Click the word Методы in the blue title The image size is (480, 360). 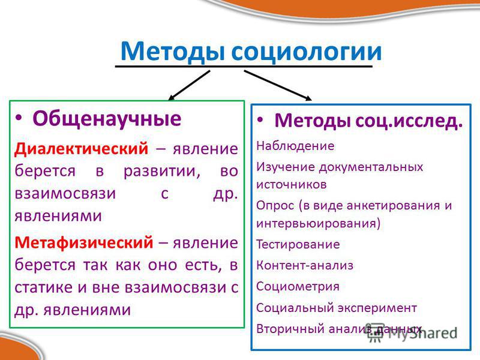pyautogui.click(x=172, y=52)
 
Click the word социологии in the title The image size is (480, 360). pyautogui.click(x=307, y=51)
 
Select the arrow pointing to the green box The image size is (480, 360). pyautogui.click(x=189, y=85)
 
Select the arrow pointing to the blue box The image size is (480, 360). pyautogui.click(x=278, y=85)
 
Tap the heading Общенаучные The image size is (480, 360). pyautogui.click(x=107, y=118)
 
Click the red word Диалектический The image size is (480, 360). pyautogui.click(x=81, y=149)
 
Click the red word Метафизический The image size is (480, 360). pyautogui.click(x=83, y=242)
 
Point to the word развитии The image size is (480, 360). pyautogui.click(x=162, y=171)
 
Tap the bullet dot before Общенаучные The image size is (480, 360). pyautogui.click(x=19, y=118)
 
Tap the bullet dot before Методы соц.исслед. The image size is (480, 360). pyautogui.click(x=260, y=119)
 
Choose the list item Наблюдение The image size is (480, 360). pyautogui.click(x=295, y=146)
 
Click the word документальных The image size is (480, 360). pyautogui.click(x=371, y=167)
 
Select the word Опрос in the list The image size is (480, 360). pyautogui.click(x=275, y=205)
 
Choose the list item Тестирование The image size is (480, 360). pyautogui.click(x=298, y=244)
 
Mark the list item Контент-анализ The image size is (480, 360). pyautogui.click(x=305, y=265)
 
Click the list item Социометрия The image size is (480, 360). pyautogui.click(x=298, y=287)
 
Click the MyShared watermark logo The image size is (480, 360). pyautogui.click(x=412, y=332)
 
